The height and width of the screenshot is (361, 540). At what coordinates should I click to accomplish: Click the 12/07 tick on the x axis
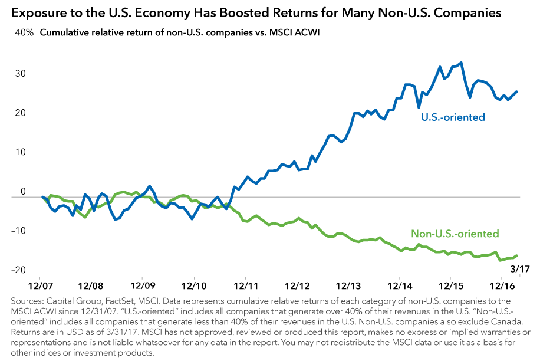[x=39, y=285]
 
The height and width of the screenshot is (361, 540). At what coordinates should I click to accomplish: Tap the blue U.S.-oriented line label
[x=453, y=117]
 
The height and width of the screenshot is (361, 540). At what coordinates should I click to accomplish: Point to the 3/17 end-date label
[x=509, y=270]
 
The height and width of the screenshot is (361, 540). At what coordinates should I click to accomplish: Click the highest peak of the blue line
[x=460, y=63]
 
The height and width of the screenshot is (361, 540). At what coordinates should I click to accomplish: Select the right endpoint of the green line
[x=517, y=255]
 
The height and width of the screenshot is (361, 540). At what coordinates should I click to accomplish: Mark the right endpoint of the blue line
[x=517, y=91]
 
